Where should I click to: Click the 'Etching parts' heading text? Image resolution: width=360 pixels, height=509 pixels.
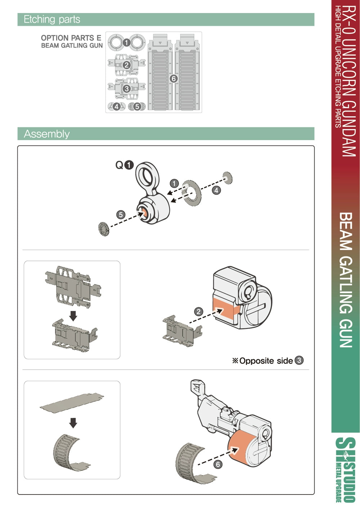click(52, 19)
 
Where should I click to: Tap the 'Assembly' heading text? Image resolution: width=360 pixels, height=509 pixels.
click(46, 134)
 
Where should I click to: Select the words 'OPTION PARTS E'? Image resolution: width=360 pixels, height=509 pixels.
click(71, 38)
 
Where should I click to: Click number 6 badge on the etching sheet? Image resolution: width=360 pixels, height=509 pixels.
click(174, 79)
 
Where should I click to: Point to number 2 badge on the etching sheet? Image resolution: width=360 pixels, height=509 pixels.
click(127, 66)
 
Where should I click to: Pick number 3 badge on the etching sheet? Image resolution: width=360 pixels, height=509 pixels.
click(127, 89)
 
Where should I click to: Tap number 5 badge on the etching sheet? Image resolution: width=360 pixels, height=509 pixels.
click(137, 106)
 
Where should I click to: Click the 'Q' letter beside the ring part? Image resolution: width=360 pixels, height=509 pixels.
click(120, 165)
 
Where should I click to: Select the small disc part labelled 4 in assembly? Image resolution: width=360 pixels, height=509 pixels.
click(228, 178)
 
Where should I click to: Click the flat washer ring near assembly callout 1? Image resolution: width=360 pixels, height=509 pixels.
click(192, 193)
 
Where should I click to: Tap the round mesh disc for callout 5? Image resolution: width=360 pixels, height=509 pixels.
click(104, 229)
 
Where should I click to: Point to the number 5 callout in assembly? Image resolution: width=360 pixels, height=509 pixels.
click(121, 215)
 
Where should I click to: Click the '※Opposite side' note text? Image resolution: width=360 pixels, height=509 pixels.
click(262, 361)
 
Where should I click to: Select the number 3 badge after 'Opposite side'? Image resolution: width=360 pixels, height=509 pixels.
click(299, 360)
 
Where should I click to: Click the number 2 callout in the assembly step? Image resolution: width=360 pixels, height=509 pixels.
click(199, 312)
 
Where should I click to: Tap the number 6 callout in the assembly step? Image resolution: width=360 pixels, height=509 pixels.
click(217, 464)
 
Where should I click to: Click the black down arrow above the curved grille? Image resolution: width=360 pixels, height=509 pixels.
click(73, 423)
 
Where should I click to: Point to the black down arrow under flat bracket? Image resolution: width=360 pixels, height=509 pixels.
click(73, 316)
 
